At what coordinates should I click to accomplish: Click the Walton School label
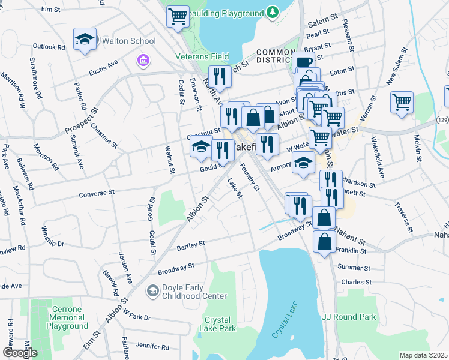(x=129, y=41)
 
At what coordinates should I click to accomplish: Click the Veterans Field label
(x=202, y=56)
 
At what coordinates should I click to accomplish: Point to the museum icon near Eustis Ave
(x=143, y=60)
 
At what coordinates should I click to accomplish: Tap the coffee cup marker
(x=304, y=62)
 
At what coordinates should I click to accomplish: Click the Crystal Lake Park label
(x=220, y=324)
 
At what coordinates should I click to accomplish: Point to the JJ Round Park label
(x=349, y=317)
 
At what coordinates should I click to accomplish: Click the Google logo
(x=20, y=353)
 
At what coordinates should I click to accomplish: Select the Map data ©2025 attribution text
(x=423, y=355)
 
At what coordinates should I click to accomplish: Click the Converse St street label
(x=97, y=193)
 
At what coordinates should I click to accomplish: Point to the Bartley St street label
(x=191, y=244)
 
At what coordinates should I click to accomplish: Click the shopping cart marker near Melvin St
(x=402, y=101)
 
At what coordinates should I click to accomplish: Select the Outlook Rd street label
(x=49, y=46)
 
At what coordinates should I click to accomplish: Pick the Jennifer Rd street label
(x=152, y=346)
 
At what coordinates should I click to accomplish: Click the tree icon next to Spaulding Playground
(x=273, y=11)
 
